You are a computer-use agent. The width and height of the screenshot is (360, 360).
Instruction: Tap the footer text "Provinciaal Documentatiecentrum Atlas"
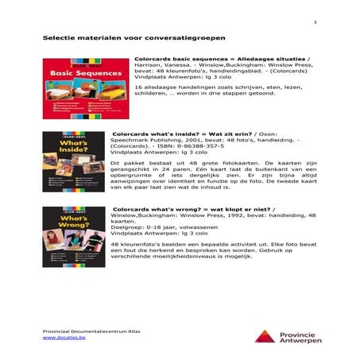click(x=87, y=329)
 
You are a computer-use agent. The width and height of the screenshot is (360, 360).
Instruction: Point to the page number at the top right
click(x=315, y=21)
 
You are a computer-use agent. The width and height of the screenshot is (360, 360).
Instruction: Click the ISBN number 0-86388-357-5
click(x=204, y=146)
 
